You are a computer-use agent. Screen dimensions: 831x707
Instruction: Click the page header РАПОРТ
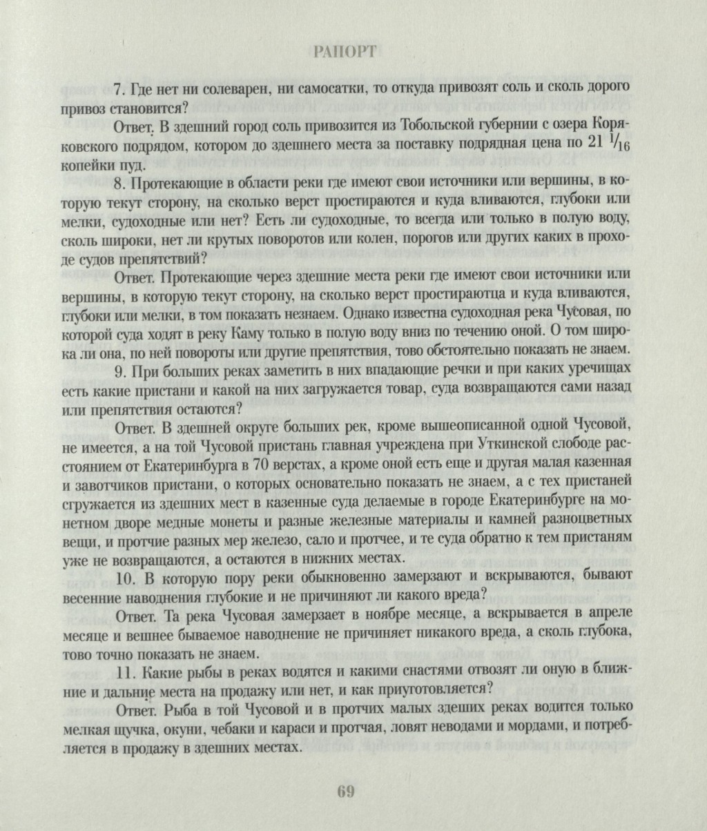coord(345,52)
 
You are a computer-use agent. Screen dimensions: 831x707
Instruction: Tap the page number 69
coord(346,792)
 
